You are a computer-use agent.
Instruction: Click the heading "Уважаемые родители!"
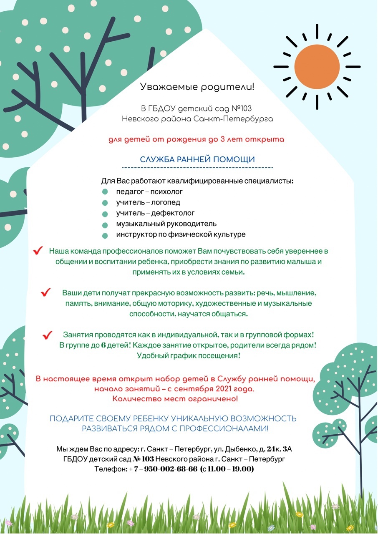(x=197, y=87)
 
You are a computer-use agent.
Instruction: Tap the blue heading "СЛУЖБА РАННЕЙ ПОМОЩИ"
(x=197, y=159)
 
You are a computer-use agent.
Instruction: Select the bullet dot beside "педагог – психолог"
(x=105, y=192)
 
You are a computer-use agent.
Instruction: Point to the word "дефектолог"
(x=172, y=213)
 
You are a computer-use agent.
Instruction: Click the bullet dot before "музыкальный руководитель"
(x=105, y=224)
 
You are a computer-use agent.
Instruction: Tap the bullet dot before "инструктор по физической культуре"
(x=105, y=235)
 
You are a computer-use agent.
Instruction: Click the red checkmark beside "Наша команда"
(x=38, y=250)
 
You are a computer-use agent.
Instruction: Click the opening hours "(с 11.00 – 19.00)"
(x=227, y=469)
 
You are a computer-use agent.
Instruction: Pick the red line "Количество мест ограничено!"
(x=175, y=399)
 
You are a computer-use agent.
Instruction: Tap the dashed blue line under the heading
(x=197, y=168)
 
